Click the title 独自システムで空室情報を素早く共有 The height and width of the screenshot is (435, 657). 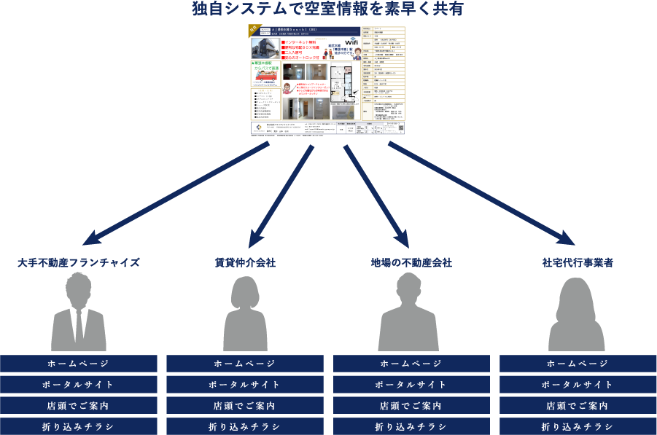point(328,9)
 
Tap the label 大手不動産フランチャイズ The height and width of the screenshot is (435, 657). point(79,262)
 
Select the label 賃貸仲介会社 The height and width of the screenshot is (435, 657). point(245,262)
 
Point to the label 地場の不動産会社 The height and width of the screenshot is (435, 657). point(411,262)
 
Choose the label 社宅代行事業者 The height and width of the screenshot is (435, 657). point(578,262)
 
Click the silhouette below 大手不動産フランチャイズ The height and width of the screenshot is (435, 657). point(78,313)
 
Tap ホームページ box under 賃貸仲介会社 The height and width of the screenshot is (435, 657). point(245,364)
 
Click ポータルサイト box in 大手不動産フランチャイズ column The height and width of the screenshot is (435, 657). point(79,385)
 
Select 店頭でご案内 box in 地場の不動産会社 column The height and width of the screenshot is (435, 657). point(411,406)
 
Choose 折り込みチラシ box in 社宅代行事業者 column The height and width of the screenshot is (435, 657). point(578,426)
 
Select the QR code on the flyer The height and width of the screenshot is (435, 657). point(400,128)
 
